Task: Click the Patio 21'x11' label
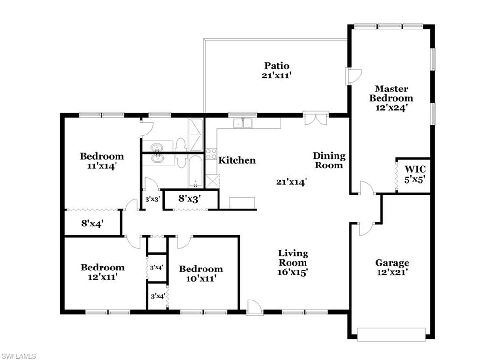277,70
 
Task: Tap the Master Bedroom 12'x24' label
391,98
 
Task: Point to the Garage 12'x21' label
392,268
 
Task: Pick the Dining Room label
329,160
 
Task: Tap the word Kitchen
237,160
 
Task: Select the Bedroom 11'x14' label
102,161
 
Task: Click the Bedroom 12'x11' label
102,272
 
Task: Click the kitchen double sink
243,123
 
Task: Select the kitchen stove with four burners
211,154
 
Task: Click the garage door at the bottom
391,334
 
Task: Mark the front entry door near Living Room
254,308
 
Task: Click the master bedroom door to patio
353,76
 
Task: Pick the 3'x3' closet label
152,199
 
